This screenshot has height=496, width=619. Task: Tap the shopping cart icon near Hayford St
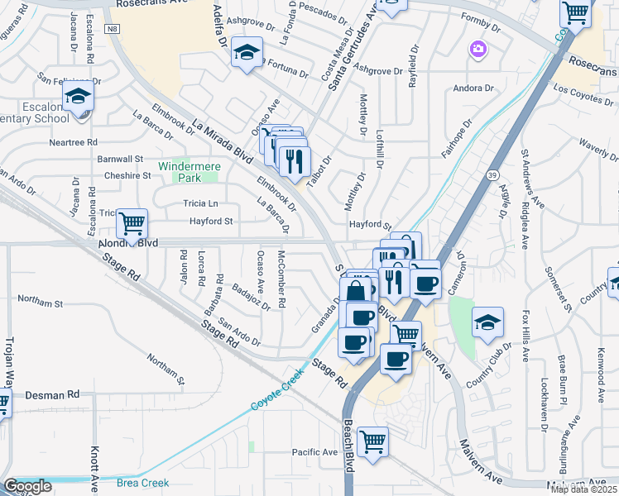132,223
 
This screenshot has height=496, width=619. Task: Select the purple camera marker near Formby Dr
477,50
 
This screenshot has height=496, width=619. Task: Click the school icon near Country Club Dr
488,322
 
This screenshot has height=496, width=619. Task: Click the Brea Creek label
142,483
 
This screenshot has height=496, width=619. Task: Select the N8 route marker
113,28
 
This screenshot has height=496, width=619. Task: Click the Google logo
27,486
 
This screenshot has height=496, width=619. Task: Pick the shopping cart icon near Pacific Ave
373,441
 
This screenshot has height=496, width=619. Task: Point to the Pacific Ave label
314,452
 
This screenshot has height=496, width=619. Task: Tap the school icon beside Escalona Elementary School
78,98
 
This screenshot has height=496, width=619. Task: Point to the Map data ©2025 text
584,489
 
